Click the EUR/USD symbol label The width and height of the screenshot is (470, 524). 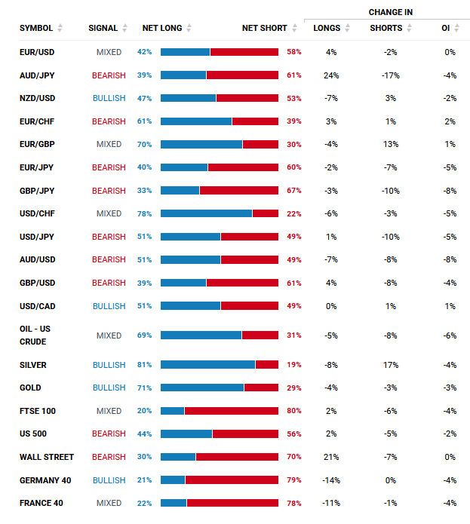[x=37, y=52]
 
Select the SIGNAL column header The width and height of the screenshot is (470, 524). [x=103, y=28]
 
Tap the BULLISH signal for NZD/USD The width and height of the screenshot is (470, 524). [x=109, y=98]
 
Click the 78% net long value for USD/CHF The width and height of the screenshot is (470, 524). [x=144, y=213]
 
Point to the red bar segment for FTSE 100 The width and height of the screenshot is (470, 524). [x=232, y=411]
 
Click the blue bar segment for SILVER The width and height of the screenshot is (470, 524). [x=207, y=365]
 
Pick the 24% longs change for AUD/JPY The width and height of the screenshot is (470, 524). [x=331, y=75]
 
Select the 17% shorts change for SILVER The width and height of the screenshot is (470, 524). [x=390, y=365]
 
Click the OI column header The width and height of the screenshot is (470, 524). [x=446, y=28]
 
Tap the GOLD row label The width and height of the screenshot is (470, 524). [x=31, y=388]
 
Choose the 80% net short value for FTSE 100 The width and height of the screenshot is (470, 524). [x=294, y=411]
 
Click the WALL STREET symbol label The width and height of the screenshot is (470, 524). [x=47, y=457]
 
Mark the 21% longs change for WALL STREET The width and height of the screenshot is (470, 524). [x=331, y=457]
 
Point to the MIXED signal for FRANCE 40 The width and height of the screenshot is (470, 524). [x=109, y=503]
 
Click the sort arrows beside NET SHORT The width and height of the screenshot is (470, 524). [x=294, y=28]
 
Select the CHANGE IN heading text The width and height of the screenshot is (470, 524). [x=390, y=12]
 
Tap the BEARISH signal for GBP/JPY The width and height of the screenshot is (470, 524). [x=109, y=191]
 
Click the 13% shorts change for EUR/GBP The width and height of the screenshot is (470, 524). [x=390, y=144]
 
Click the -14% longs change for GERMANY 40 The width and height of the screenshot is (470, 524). [x=331, y=480]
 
